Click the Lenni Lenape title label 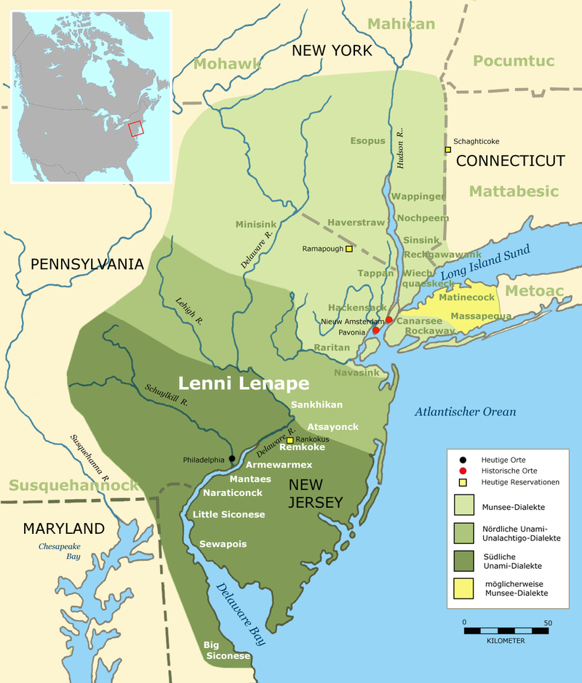(244, 383)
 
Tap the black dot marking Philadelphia (232, 458)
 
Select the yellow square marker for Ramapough (349, 249)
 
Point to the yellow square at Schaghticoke (448, 150)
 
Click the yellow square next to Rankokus (290, 440)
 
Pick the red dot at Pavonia (375, 330)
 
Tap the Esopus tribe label (368, 140)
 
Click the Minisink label (257, 224)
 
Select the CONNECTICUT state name (510, 161)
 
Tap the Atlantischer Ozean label (466, 412)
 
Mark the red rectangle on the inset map (136, 129)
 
